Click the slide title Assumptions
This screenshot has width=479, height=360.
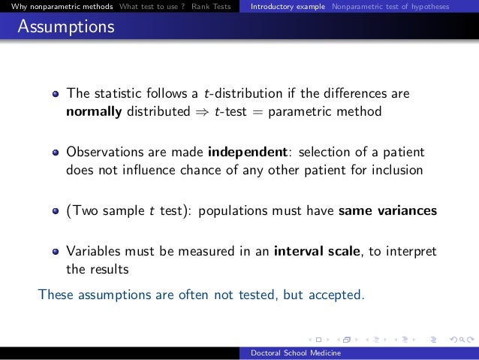(66, 28)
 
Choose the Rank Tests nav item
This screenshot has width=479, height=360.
(212, 7)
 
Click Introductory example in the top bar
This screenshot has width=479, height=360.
(288, 7)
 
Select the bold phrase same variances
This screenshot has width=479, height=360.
(387, 210)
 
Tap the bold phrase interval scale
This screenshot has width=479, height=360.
(317, 251)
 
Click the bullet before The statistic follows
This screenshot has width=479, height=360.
(56, 95)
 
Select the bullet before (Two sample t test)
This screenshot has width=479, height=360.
(56, 211)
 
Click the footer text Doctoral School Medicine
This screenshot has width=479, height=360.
(296, 353)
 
